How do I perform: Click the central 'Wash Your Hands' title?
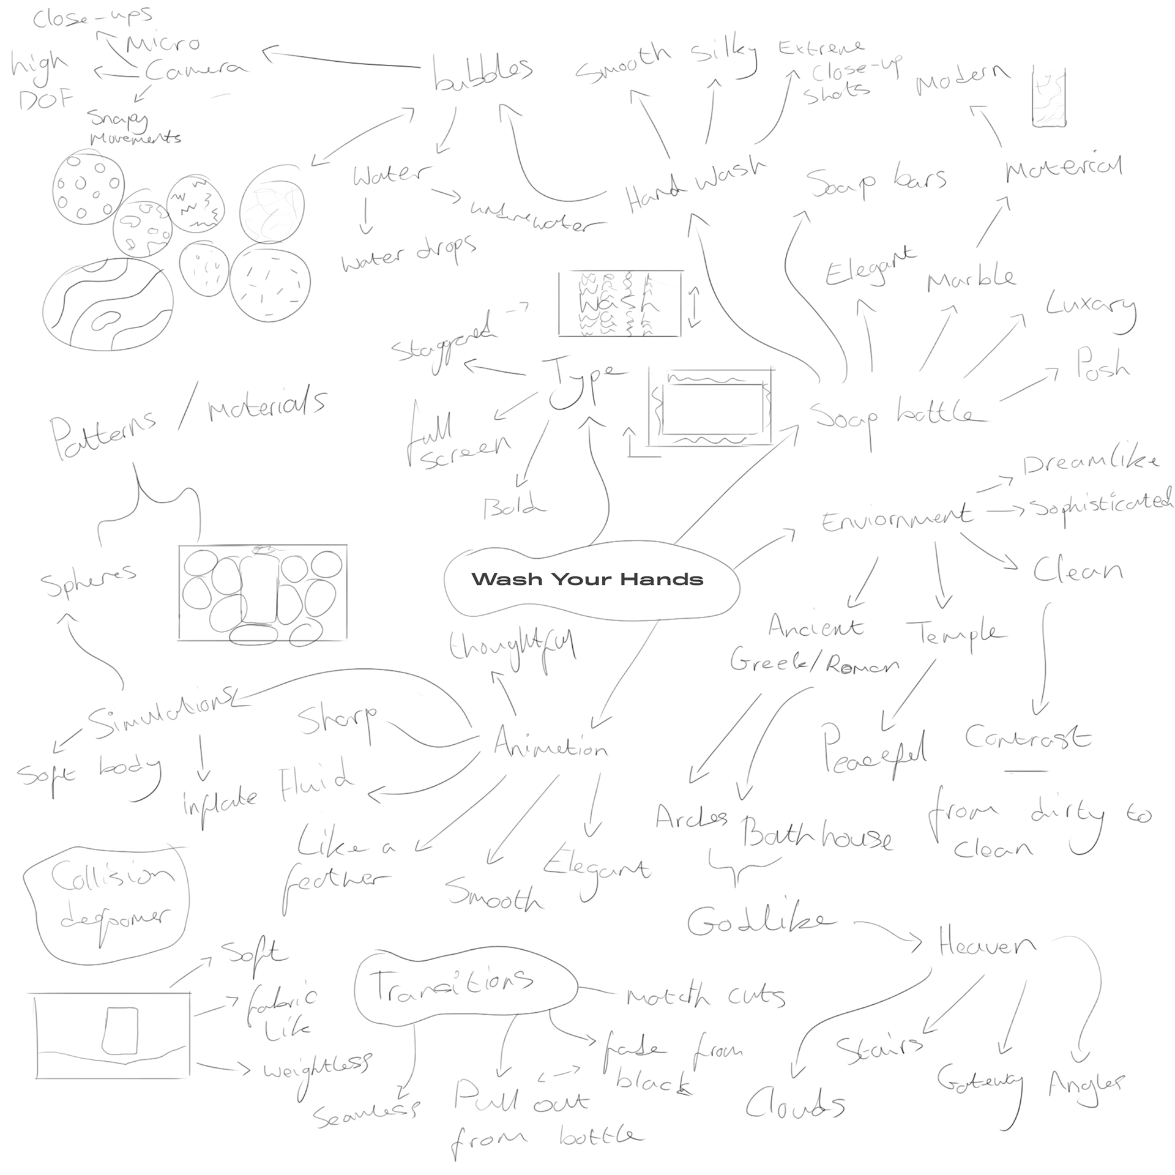pyautogui.click(x=587, y=579)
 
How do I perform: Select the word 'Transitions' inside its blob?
pyautogui.click(x=452, y=986)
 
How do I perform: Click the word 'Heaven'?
pyautogui.click(x=987, y=946)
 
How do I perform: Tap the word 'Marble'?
pyautogui.click(x=971, y=279)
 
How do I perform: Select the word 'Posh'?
pyautogui.click(x=1102, y=365)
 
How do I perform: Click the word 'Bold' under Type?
pyautogui.click(x=513, y=507)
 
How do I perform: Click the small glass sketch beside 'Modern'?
pyautogui.click(x=1048, y=98)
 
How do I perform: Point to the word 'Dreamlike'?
pyautogui.click(x=1090, y=463)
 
